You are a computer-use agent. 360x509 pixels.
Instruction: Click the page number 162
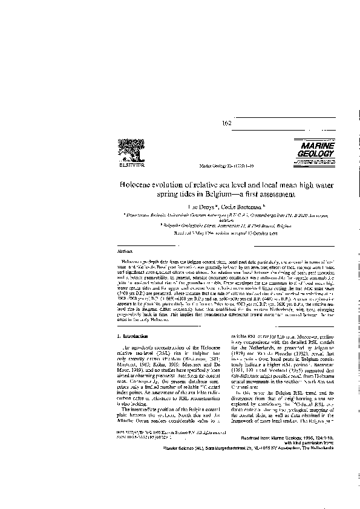pos(227,123)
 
